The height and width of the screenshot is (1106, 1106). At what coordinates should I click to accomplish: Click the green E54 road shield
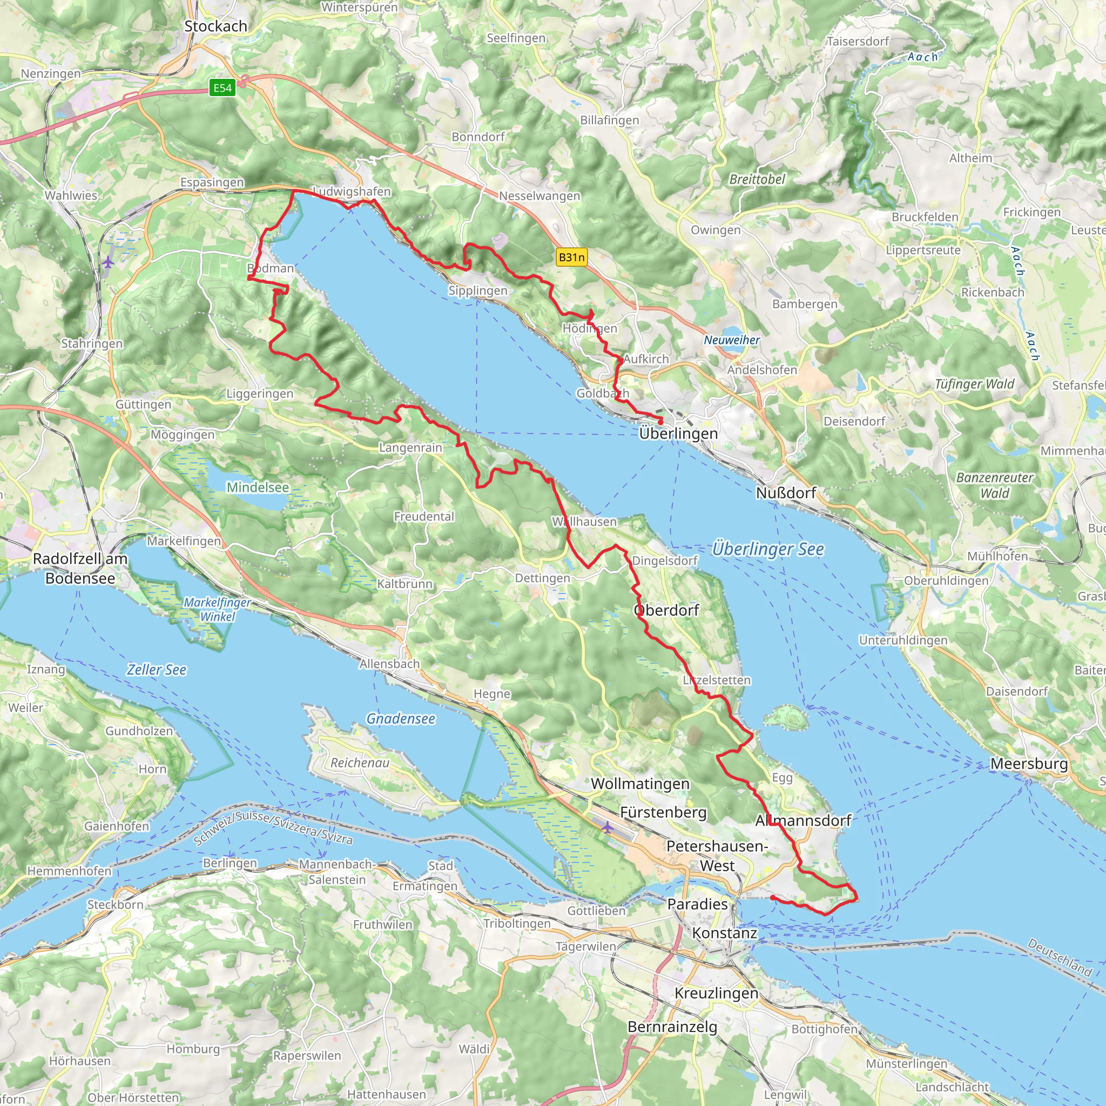222,87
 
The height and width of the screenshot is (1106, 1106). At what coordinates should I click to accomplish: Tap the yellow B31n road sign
571,257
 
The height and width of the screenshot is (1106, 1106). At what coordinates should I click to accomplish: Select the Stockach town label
216,26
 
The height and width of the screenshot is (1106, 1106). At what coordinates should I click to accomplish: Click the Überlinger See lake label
768,549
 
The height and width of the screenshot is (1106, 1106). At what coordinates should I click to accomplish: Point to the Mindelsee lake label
258,487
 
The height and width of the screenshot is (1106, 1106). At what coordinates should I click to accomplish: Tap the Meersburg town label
1029,764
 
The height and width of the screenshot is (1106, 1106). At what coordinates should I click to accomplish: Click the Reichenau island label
360,763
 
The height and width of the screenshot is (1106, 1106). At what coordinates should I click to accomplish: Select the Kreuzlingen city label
716,993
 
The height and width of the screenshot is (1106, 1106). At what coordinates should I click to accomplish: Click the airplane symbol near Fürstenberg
607,827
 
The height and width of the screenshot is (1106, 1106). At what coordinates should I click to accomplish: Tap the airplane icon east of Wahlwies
108,262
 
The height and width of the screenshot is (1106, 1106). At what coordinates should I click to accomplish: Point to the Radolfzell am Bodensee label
80,569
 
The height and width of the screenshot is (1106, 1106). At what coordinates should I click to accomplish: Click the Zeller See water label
156,670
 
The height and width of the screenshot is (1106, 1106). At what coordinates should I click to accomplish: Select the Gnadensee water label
401,718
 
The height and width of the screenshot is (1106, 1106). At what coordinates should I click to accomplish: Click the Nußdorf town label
786,493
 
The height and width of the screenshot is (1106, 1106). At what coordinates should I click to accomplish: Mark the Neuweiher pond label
732,340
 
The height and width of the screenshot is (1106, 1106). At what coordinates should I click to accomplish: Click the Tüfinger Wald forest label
974,384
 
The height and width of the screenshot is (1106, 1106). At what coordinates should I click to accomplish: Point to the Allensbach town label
389,664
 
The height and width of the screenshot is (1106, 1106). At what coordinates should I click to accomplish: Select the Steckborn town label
115,905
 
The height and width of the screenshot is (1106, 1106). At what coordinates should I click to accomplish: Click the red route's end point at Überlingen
660,421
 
